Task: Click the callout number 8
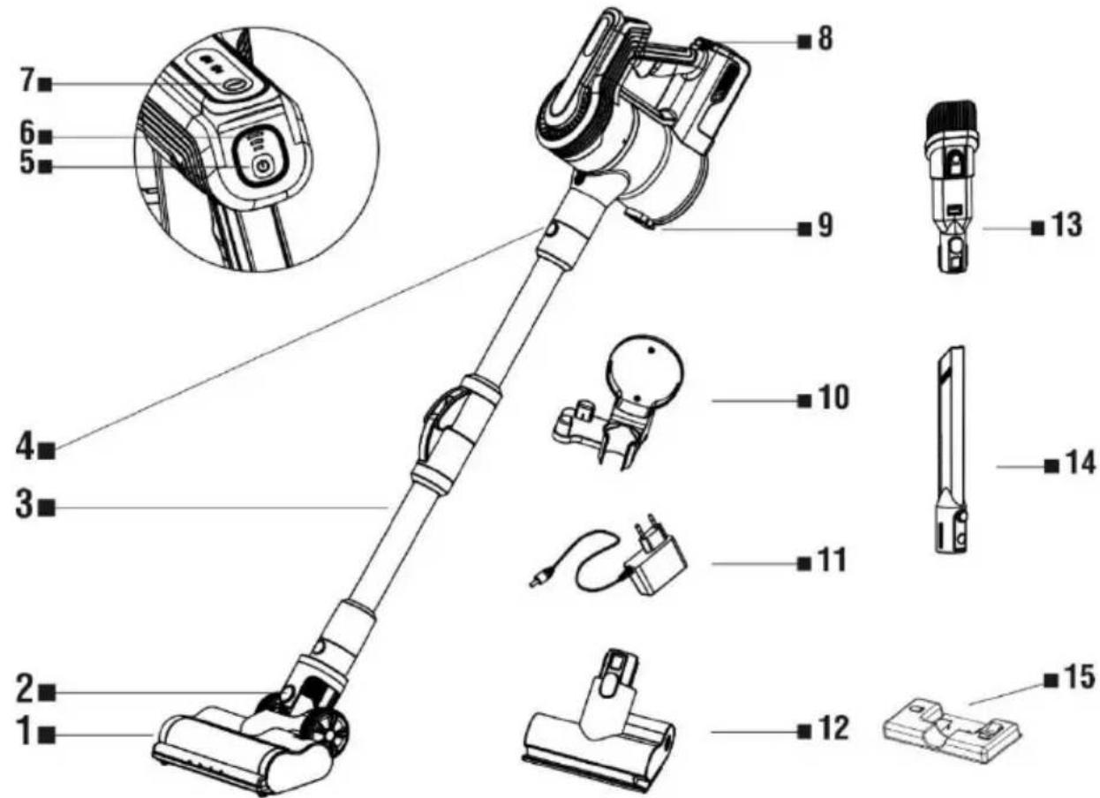(825, 40)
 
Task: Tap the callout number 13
(1066, 225)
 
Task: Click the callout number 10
(833, 398)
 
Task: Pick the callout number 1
(25, 733)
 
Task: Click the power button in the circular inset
(262, 166)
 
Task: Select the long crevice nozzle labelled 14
(951, 450)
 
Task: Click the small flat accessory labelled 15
(953, 738)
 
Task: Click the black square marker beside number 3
(47, 508)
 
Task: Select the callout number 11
(831, 561)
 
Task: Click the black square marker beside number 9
(804, 229)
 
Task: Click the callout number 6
(27, 132)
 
